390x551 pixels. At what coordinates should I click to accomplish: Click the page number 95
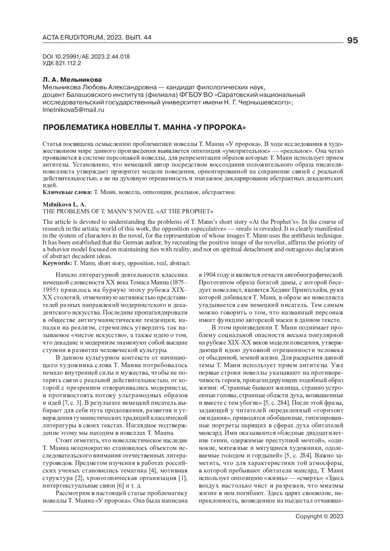tap(352, 41)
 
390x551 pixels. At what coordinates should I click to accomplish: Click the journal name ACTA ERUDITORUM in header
tap(72, 38)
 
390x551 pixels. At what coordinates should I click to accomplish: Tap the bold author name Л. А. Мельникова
tap(72, 80)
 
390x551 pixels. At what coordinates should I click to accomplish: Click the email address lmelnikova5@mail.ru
tap(73, 110)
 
